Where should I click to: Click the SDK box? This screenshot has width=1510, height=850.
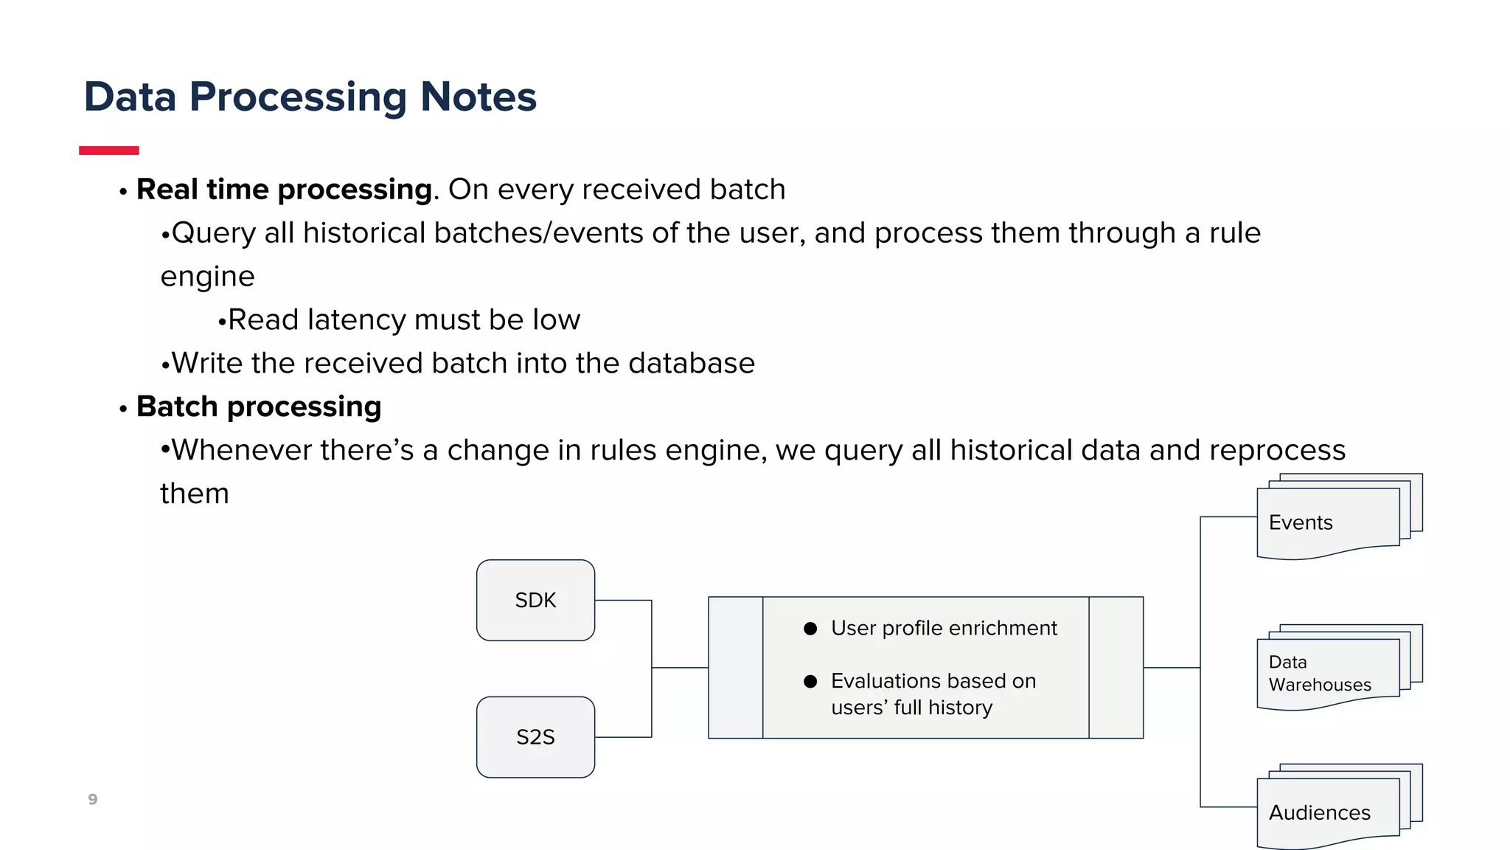[535, 600]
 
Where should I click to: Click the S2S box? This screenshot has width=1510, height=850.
[535, 737]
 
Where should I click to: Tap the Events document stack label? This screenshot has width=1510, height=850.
[1301, 522]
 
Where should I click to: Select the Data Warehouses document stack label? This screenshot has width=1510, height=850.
[1319, 673]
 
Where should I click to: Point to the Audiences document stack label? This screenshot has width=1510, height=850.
[1319, 812]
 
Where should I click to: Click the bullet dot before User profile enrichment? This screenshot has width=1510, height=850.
[810, 629]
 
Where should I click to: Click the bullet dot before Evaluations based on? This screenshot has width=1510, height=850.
[810, 681]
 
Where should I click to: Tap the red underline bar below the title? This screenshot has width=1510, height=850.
[109, 151]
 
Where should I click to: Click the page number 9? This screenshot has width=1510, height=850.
[93, 799]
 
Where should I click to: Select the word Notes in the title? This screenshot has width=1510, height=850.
[478, 97]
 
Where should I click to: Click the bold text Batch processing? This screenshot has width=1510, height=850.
[259, 407]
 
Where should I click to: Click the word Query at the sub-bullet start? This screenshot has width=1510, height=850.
[214, 233]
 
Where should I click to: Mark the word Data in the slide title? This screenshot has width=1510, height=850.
[131, 97]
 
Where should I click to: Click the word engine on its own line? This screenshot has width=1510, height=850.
[207, 277]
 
